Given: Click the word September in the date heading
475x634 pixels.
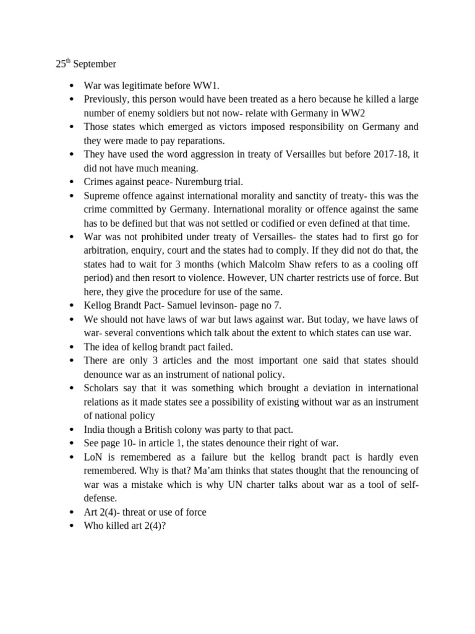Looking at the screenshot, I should tap(95, 64).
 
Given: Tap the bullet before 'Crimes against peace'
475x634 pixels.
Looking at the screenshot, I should tap(72, 182).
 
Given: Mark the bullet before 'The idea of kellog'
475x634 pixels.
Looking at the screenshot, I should tap(72, 347).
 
